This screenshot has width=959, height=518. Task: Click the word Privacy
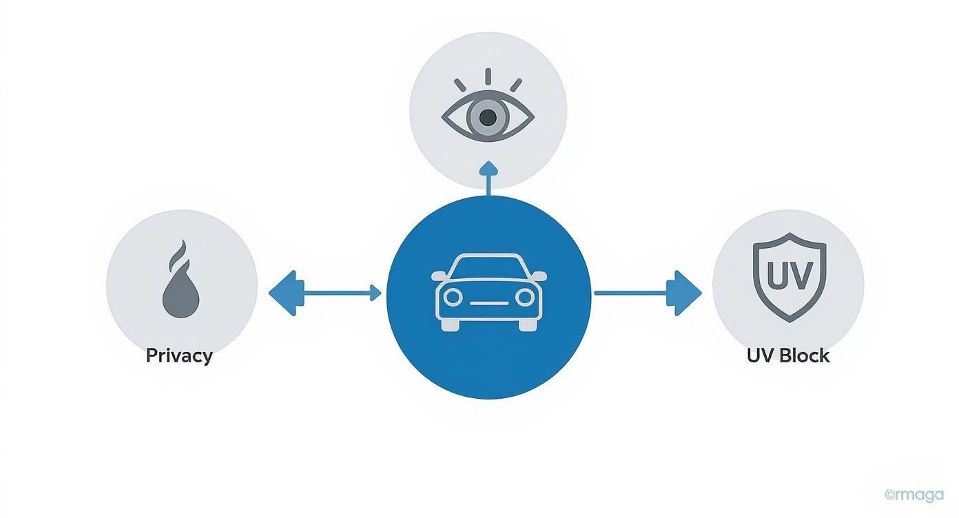coord(179,356)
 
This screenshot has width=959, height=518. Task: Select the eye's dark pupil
coord(488,118)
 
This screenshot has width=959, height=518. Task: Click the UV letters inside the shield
coord(787,276)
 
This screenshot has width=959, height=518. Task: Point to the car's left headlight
coord(452,297)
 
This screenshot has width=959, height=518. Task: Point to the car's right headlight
coord(525,297)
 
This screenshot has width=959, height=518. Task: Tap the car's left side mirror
coord(438,276)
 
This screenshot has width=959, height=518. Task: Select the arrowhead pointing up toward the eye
coord(488,167)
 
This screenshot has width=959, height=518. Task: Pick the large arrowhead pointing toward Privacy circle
coord(282,293)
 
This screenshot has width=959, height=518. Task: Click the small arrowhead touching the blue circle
coord(376,293)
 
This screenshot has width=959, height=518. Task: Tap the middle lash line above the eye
coord(488,76)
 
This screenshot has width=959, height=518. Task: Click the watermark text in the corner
coord(914,495)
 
